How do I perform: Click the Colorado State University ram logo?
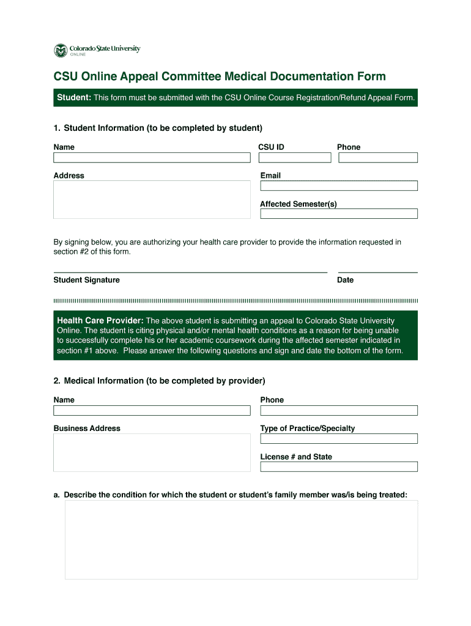(60, 50)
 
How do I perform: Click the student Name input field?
(152, 158)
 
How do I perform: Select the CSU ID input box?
(294, 158)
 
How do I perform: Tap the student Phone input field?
(377, 158)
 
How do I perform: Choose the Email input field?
(338, 186)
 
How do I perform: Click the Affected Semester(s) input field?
(338, 214)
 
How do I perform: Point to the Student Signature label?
(86, 280)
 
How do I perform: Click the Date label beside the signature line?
(345, 280)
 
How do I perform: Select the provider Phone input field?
(338, 411)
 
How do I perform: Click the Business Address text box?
(152, 452)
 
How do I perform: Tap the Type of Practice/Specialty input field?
(338, 439)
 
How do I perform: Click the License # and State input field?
(338, 467)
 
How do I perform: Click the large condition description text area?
(241, 540)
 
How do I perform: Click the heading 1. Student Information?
(158, 128)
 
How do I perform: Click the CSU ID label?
(271, 147)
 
